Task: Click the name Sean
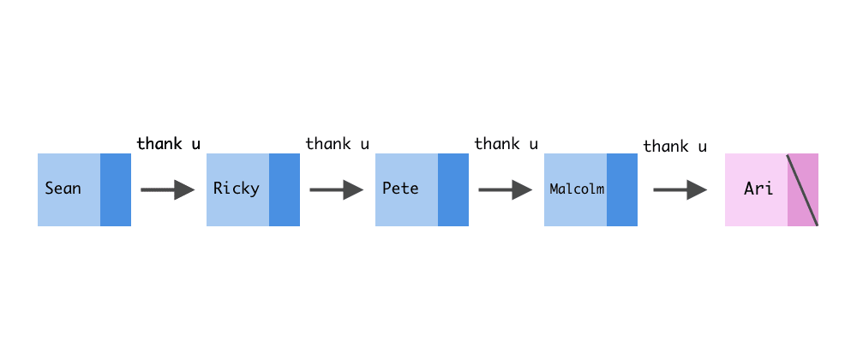click(63, 189)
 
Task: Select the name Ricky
click(236, 189)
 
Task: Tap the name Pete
click(400, 189)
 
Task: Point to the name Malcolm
click(577, 189)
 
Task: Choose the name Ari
click(758, 189)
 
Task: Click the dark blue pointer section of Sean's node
click(116, 190)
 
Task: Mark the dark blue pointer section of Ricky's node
click(285, 190)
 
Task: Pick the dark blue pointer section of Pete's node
click(453, 190)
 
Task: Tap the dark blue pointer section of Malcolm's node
click(622, 190)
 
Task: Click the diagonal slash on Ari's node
click(803, 190)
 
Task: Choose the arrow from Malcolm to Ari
click(680, 190)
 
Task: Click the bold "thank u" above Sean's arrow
click(169, 143)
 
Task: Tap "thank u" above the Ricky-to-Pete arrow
click(338, 143)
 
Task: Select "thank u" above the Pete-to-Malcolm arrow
click(506, 143)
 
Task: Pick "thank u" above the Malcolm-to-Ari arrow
click(675, 147)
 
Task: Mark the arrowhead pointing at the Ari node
click(698, 190)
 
